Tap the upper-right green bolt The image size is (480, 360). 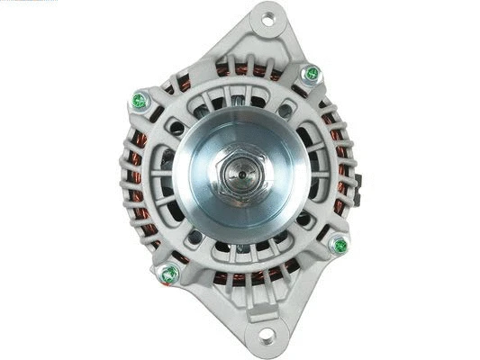click(x=312, y=73)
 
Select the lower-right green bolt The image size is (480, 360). click(x=340, y=244)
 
